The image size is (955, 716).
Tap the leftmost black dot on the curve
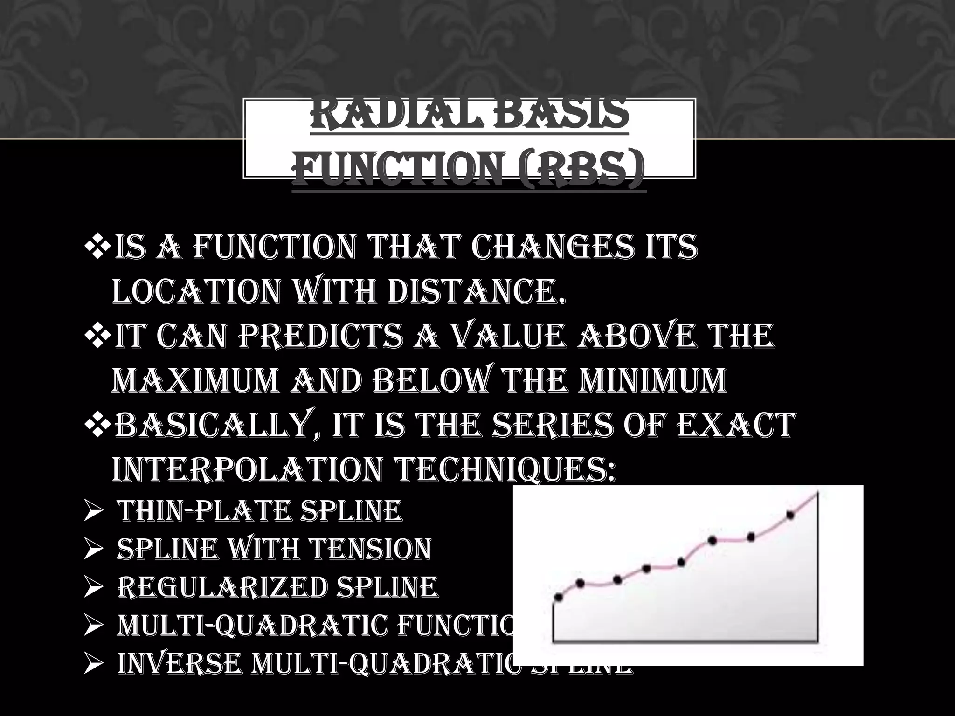pyautogui.click(x=559, y=597)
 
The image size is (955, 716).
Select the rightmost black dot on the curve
pyautogui.click(x=790, y=515)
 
